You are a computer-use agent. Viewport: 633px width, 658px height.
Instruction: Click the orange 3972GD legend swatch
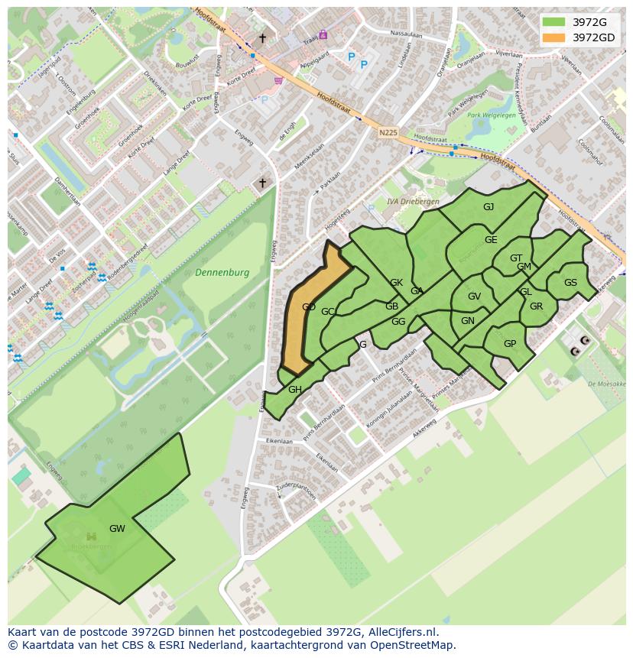click(x=555, y=37)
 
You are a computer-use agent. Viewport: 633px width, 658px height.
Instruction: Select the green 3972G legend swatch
click(x=555, y=22)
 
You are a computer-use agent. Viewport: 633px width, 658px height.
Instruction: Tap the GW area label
click(x=117, y=529)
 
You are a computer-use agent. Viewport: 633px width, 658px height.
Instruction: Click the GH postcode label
click(x=295, y=390)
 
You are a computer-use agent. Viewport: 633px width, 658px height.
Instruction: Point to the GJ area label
click(x=489, y=207)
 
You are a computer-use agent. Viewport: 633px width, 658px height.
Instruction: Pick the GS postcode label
click(x=570, y=283)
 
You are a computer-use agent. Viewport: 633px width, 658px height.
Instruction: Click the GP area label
click(x=510, y=344)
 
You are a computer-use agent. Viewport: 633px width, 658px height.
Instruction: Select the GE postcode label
click(x=491, y=240)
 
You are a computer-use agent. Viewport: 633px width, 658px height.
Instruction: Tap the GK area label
click(x=396, y=283)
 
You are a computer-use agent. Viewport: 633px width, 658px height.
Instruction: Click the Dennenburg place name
click(x=222, y=273)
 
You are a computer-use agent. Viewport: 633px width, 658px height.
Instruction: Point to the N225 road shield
click(x=388, y=132)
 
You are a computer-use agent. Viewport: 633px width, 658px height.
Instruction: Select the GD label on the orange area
click(x=309, y=307)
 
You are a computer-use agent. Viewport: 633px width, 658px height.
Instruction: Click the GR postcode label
click(x=536, y=306)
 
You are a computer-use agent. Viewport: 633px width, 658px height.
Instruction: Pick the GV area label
click(x=474, y=297)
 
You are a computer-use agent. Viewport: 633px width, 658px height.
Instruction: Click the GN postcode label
click(x=468, y=321)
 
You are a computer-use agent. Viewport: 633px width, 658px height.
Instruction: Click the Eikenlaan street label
click(x=280, y=442)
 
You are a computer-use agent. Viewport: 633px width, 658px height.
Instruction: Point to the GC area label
click(x=328, y=312)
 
